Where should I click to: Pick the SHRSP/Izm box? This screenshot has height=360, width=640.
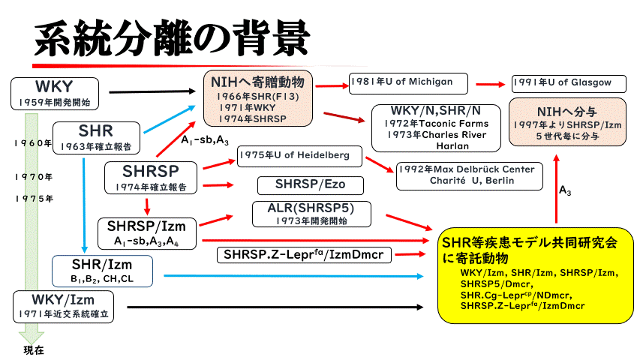coord(146,232)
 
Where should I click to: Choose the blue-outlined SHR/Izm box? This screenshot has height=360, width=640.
coord(102,271)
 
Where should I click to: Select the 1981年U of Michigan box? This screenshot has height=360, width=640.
coord(407,82)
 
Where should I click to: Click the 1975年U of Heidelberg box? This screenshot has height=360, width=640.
coord(299,156)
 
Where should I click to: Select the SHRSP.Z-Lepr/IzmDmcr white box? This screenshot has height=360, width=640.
coord(303,255)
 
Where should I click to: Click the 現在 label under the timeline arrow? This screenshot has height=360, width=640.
coord(34,349)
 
